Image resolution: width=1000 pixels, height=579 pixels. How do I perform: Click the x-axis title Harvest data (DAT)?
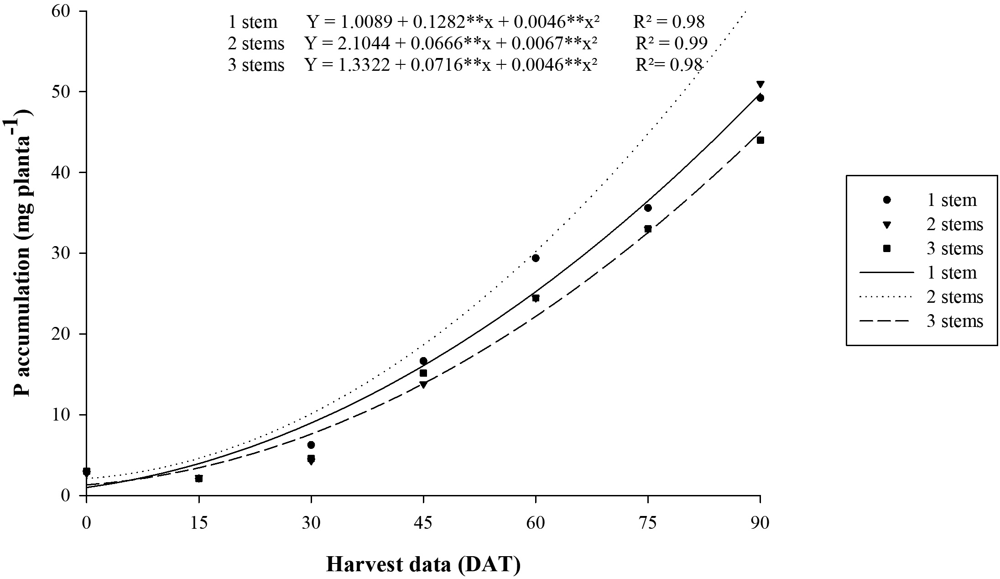(423, 564)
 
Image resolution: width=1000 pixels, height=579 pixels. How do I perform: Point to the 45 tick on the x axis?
(423, 522)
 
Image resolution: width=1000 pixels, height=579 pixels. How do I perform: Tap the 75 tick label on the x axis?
(648, 522)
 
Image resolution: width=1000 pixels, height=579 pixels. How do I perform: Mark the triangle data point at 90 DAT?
(760, 84)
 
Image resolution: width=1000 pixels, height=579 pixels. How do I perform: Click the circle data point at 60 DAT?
(536, 258)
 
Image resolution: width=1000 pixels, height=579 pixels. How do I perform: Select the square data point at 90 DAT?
(760, 140)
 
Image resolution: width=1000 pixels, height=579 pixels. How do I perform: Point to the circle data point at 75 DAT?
(648, 208)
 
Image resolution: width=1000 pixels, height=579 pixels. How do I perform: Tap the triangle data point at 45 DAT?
(423, 384)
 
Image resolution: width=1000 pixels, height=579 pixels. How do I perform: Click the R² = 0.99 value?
(672, 43)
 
